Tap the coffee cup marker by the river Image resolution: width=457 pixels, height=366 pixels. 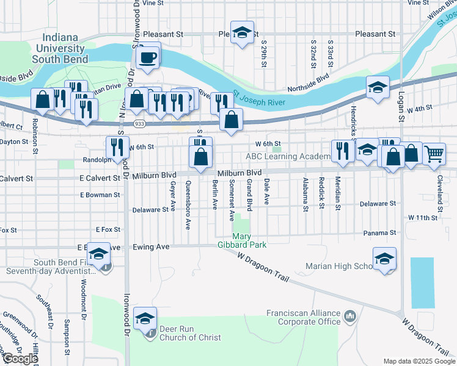click(x=147, y=59)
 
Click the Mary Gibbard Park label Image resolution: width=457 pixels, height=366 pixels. click(x=250, y=240)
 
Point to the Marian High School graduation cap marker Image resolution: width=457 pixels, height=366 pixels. click(x=384, y=259)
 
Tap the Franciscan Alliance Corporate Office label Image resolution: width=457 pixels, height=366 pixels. click(x=303, y=317)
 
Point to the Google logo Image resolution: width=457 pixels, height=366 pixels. click(x=20, y=359)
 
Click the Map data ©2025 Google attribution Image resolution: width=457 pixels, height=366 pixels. click(x=419, y=361)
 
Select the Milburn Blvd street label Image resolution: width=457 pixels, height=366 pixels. click(x=239, y=173)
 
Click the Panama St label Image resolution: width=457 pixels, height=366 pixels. click(x=380, y=232)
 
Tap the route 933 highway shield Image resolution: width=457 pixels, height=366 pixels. click(x=139, y=124)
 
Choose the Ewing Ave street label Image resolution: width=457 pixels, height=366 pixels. click(x=151, y=247)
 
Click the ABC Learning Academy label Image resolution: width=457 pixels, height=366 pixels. click(x=287, y=156)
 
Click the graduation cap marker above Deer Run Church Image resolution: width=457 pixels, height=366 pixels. click(x=145, y=318)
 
